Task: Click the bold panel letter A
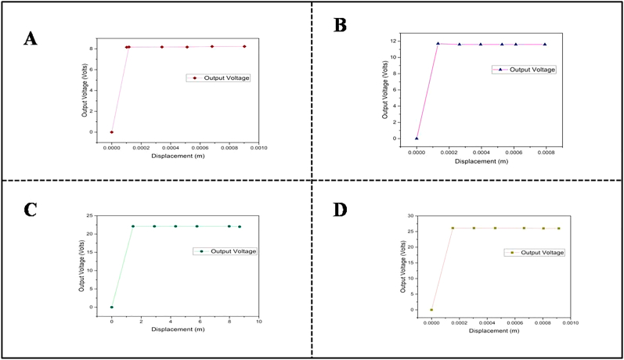point(30,38)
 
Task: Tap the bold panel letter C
point(30,211)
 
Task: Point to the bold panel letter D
point(339,211)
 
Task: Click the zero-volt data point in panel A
point(112,132)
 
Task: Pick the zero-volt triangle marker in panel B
point(417,138)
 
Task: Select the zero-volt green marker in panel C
point(112,307)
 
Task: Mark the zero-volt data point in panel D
point(431,310)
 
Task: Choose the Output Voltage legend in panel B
point(524,70)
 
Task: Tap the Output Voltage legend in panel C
point(227,251)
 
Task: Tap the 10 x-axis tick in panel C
point(258,321)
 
